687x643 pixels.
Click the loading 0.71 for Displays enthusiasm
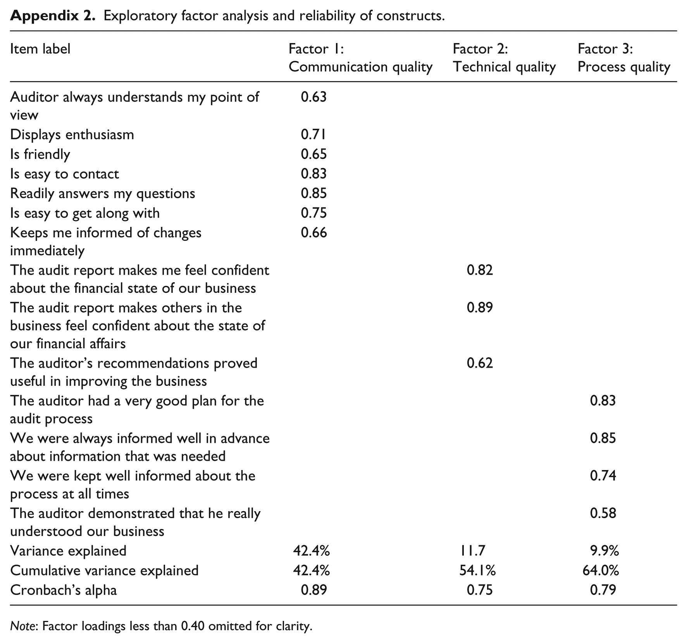pos(313,134)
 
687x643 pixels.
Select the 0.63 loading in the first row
pos(314,97)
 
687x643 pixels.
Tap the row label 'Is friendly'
pos(40,154)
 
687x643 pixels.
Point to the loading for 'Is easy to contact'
pos(314,173)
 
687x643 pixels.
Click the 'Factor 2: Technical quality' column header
pos(504,58)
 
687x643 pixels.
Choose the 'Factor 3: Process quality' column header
pos(623,58)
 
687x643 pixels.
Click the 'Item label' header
pos(40,49)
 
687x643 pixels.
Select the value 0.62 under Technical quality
pos(480,363)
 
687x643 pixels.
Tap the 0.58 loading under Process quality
pos(603,513)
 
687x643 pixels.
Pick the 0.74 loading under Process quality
pos(603,475)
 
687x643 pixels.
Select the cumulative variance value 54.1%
pos(476,570)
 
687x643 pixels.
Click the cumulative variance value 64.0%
pos(601,570)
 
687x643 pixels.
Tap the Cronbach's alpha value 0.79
pos(603,590)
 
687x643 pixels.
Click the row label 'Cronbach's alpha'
pos(64,590)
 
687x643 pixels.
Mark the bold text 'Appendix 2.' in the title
pos(52,16)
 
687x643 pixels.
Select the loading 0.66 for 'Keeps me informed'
pos(314,233)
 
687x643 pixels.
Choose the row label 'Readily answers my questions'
pos(103,194)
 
